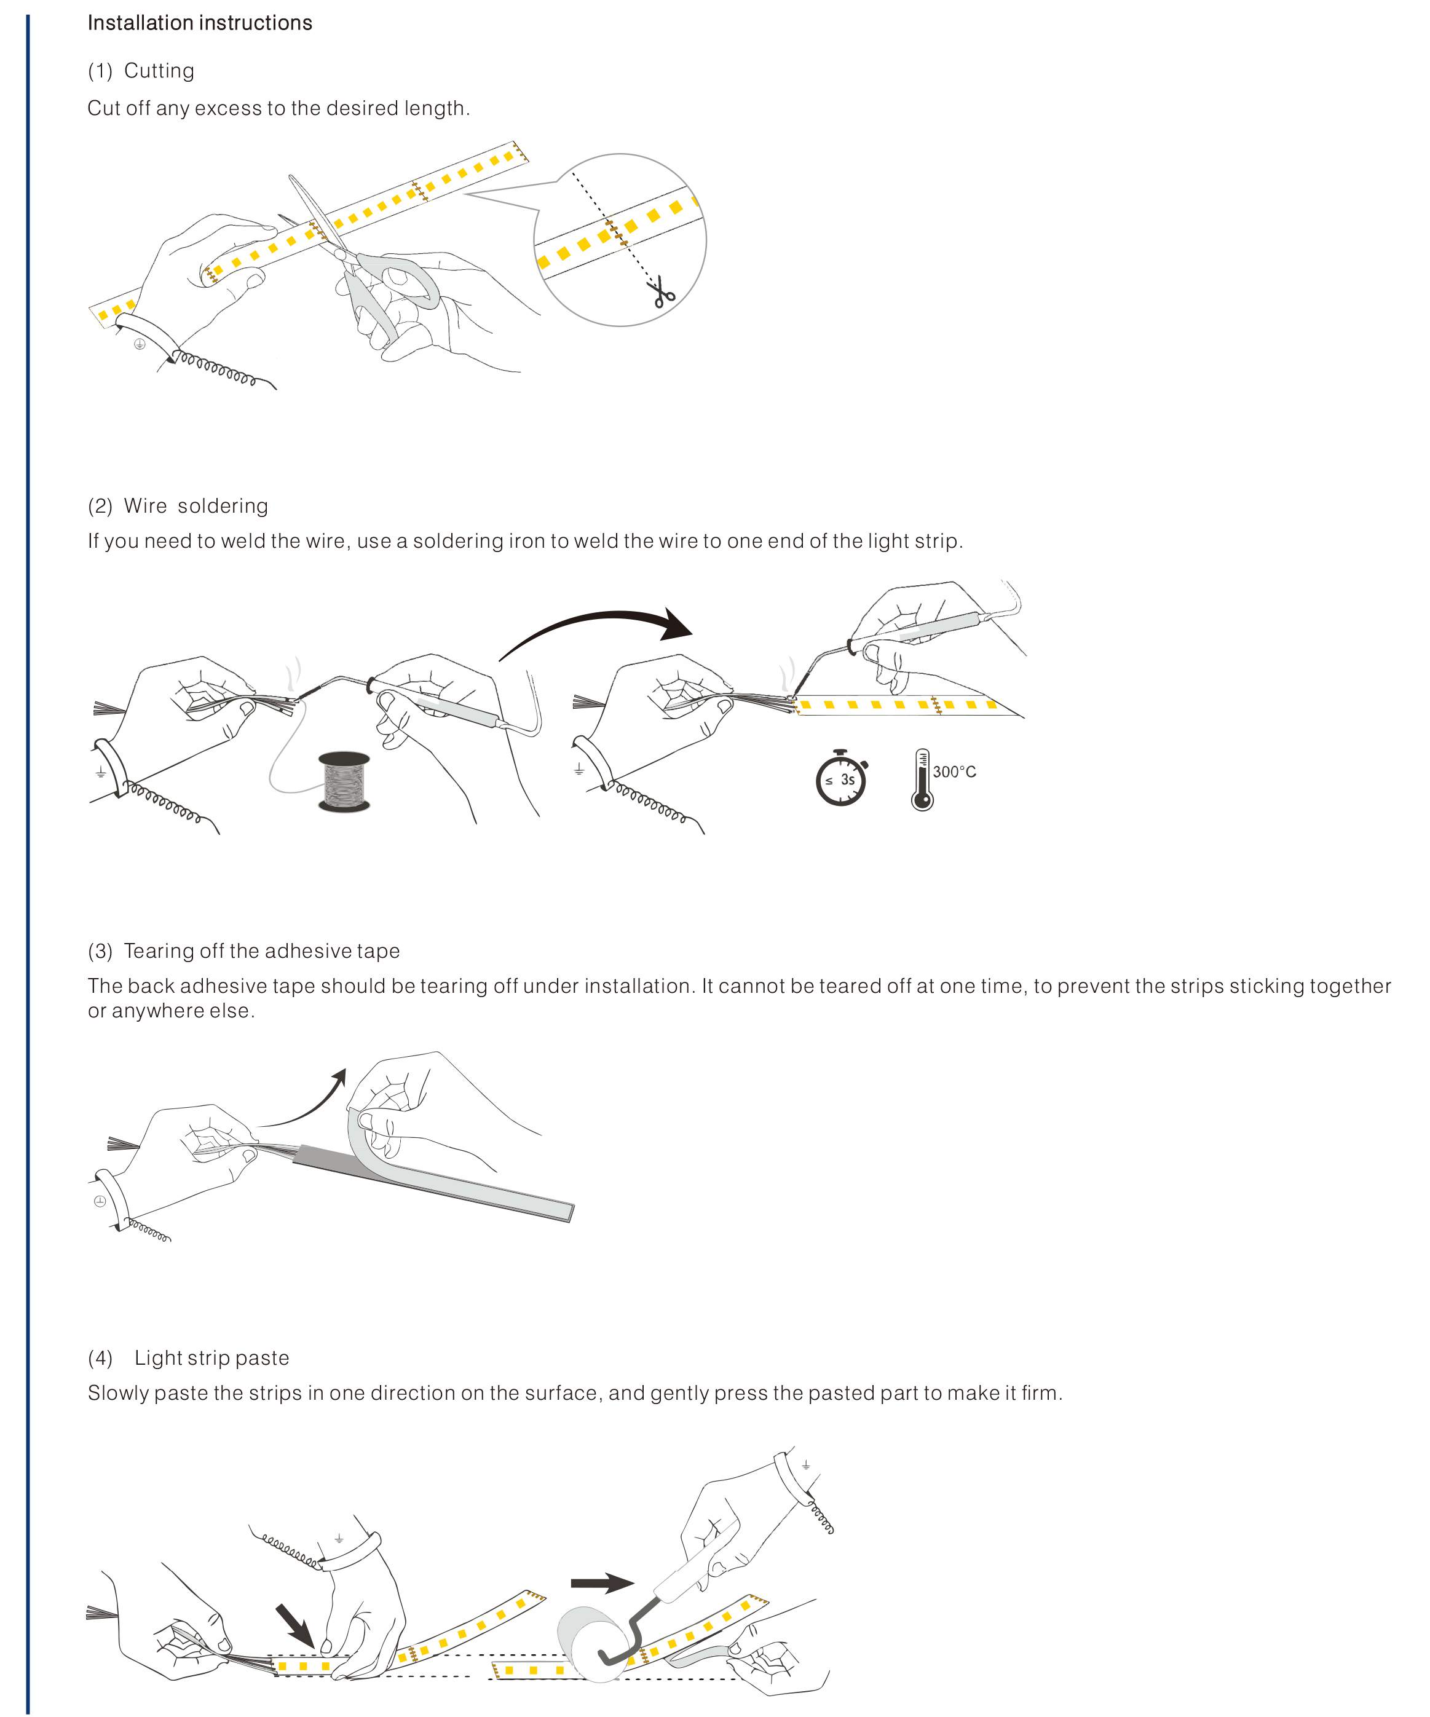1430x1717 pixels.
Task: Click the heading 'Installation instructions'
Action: tap(199, 23)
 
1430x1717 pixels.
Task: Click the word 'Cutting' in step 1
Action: tap(159, 71)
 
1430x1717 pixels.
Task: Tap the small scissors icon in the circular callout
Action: tap(661, 292)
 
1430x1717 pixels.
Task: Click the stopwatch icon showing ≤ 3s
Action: tap(840, 778)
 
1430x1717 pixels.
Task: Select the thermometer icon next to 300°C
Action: tap(922, 779)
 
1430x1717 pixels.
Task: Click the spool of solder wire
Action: tap(344, 783)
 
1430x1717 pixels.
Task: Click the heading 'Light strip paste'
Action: tap(211, 1358)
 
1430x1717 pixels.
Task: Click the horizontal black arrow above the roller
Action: tap(602, 1584)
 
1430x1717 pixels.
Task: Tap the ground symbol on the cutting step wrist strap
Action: tap(140, 344)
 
